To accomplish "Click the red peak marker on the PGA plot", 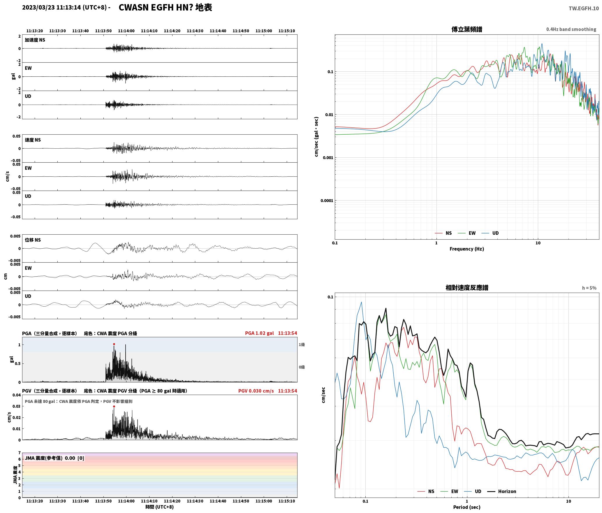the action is pyautogui.click(x=114, y=344).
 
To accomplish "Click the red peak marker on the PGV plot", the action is pyautogui.click(x=114, y=406).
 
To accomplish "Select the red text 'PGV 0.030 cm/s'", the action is pyautogui.click(x=256, y=391).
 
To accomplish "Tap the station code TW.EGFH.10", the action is pyautogui.click(x=584, y=8).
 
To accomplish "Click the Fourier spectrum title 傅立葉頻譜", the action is pyautogui.click(x=467, y=29).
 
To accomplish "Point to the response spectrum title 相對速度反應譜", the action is pyautogui.click(x=467, y=288).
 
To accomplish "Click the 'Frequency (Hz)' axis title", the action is pyautogui.click(x=467, y=249).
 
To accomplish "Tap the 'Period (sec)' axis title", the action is pyautogui.click(x=467, y=507).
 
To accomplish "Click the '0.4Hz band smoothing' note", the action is pyautogui.click(x=571, y=29).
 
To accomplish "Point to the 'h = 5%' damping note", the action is pyautogui.click(x=589, y=288).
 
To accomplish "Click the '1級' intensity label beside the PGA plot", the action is pyautogui.click(x=302, y=345).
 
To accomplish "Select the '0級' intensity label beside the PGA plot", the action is pyautogui.click(x=302, y=367).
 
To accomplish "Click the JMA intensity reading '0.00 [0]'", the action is pyautogui.click(x=74, y=458).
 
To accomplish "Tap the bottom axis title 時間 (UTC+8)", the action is pyautogui.click(x=160, y=507).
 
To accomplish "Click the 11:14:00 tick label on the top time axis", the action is pyautogui.click(x=126, y=31).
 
